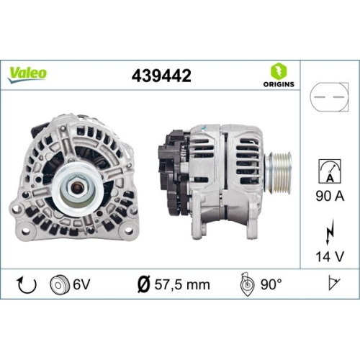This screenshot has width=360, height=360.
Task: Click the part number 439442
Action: point(161,75)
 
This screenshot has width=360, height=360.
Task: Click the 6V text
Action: point(82,284)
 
